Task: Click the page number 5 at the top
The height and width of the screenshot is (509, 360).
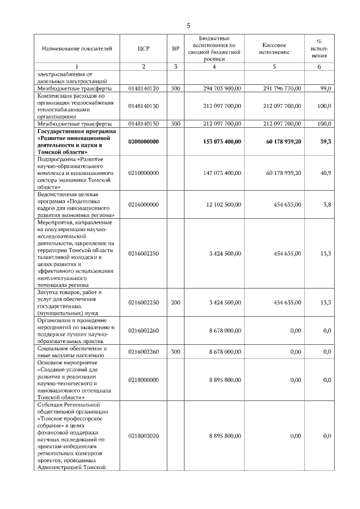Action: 188,25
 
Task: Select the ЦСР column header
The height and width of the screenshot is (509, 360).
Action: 143,49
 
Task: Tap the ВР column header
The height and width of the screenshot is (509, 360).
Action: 175,49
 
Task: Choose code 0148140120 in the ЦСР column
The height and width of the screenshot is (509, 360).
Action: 143,88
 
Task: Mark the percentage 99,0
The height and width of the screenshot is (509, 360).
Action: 325,88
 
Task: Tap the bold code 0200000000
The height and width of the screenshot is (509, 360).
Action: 143,142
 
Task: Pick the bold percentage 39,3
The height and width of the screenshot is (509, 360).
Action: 325,142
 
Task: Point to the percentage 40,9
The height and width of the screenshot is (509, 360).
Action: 325,173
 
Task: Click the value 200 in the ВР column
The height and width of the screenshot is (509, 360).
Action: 175,303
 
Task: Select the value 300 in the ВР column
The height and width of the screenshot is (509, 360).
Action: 175,352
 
